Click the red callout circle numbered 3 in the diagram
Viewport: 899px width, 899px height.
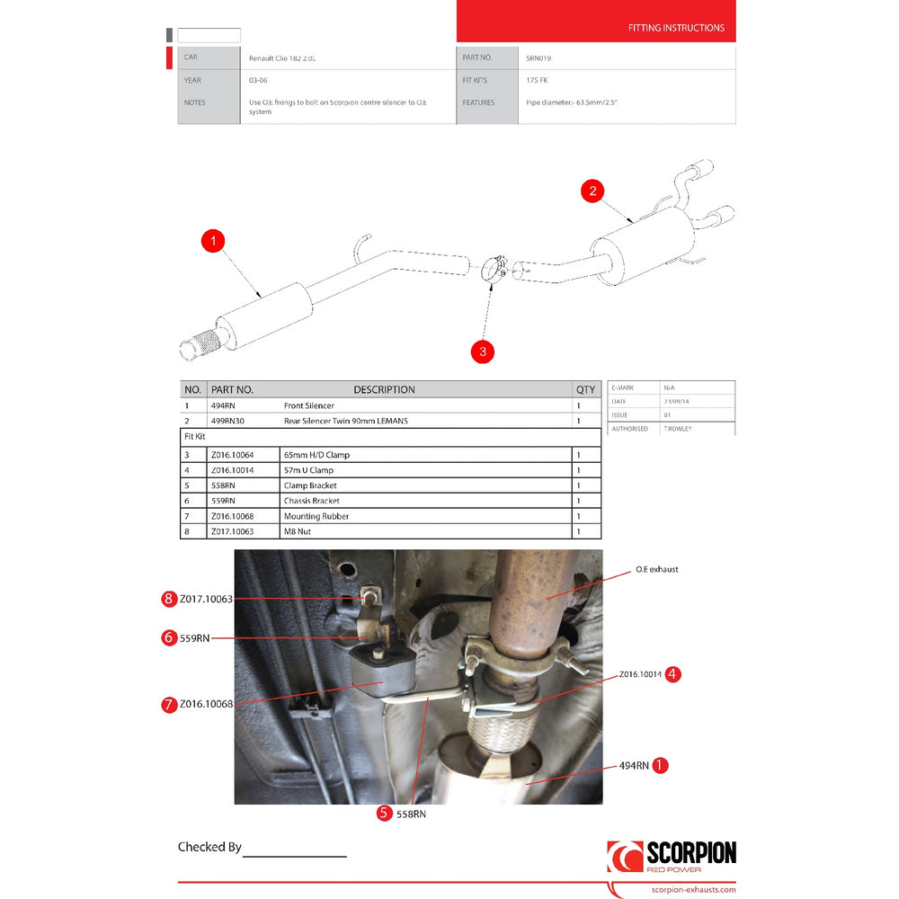point(483,352)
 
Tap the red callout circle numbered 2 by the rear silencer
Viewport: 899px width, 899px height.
point(592,191)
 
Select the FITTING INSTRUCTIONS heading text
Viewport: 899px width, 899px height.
point(676,28)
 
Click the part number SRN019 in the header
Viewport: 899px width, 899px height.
point(539,58)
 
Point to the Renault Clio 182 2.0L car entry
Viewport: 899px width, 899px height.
point(283,58)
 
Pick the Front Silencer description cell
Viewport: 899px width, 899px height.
point(309,406)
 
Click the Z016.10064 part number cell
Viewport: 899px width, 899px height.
point(232,455)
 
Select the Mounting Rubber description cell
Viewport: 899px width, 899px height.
point(316,516)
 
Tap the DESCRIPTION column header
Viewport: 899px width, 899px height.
point(384,390)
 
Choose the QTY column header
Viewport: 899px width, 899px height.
point(585,390)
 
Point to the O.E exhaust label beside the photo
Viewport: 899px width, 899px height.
point(656,570)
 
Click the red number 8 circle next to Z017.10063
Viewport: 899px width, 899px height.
point(168,599)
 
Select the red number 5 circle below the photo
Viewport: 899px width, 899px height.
point(384,813)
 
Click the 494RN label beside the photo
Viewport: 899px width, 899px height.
point(634,766)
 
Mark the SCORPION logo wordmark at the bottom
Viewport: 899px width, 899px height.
point(690,854)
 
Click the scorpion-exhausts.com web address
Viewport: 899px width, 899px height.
point(692,890)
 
